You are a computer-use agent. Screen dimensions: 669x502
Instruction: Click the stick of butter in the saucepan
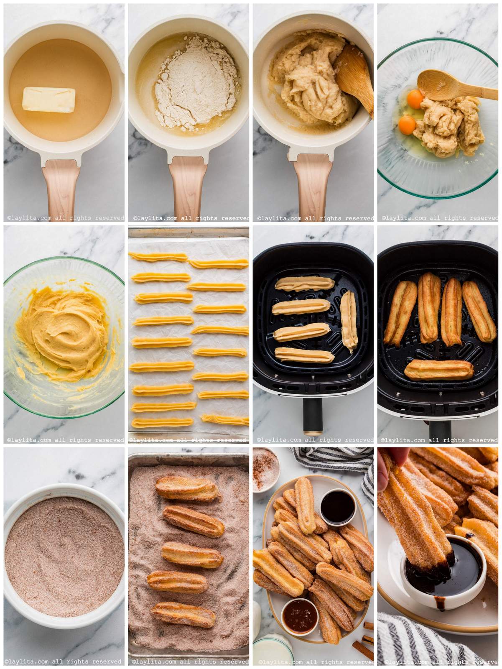(x=49, y=99)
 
